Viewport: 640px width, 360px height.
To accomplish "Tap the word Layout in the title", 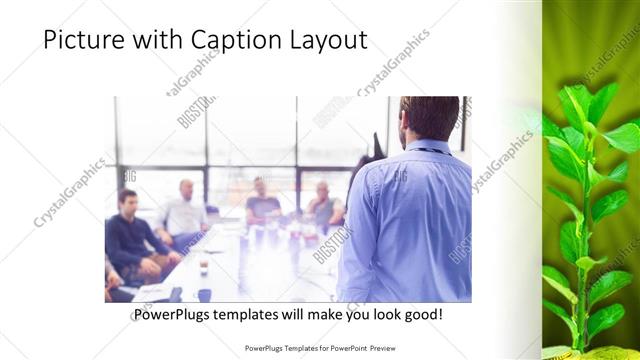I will pyautogui.click(x=325, y=40).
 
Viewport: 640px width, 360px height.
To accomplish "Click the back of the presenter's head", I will pyautogui.click(x=428, y=115).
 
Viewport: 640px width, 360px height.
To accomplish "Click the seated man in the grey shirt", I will pyautogui.click(x=324, y=205).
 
